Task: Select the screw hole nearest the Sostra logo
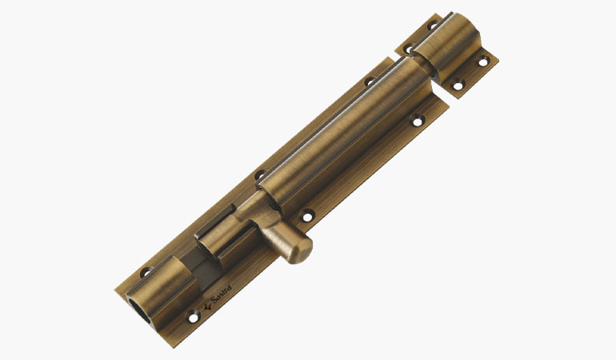point(192,318)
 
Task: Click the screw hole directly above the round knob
point(304,214)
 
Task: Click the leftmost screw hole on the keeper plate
point(407,50)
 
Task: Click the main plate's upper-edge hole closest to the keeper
point(370,81)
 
